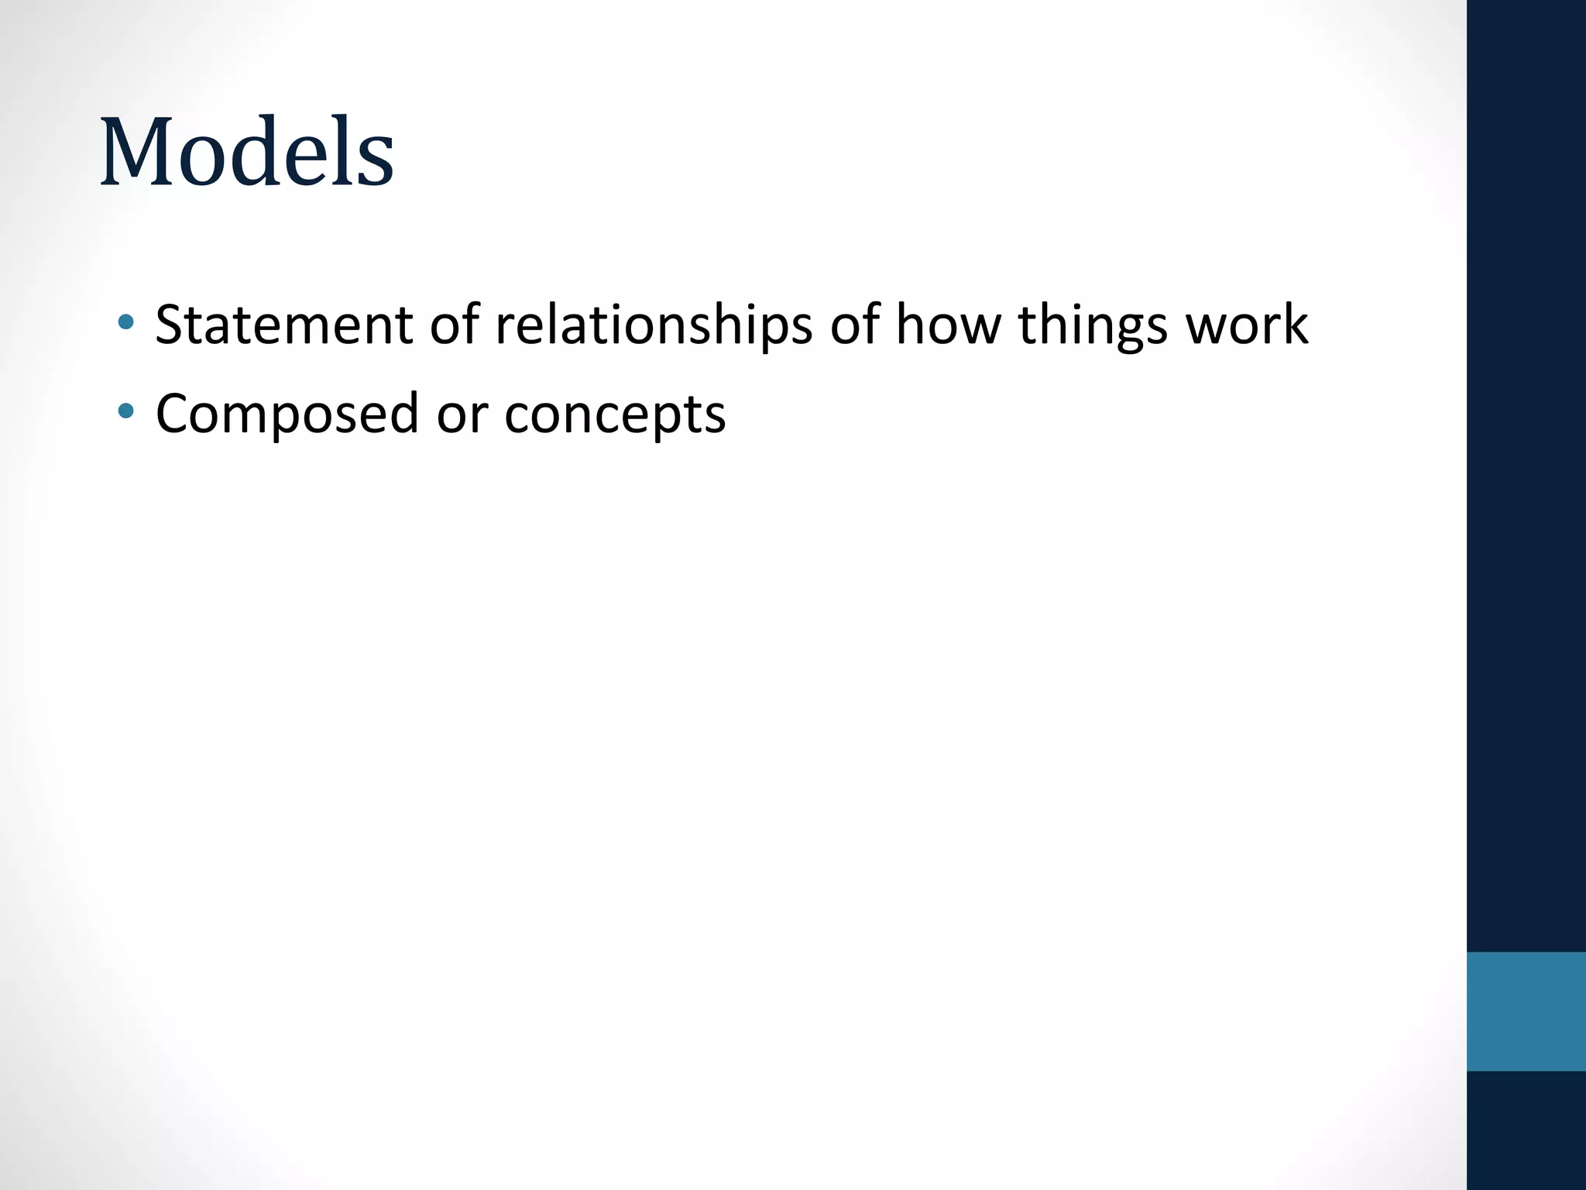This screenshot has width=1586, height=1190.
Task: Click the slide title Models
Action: click(247, 153)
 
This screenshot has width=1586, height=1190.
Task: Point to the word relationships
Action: click(654, 325)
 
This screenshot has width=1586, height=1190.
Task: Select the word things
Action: click(1093, 325)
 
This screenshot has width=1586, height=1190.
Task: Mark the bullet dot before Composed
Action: click(126, 410)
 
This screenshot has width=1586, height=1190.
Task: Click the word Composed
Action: click(287, 414)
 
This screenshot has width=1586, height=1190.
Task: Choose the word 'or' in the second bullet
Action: click(462, 414)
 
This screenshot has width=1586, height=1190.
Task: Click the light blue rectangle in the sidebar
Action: click(1526, 1011)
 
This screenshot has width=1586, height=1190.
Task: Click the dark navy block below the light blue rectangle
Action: click(1526, 1130)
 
